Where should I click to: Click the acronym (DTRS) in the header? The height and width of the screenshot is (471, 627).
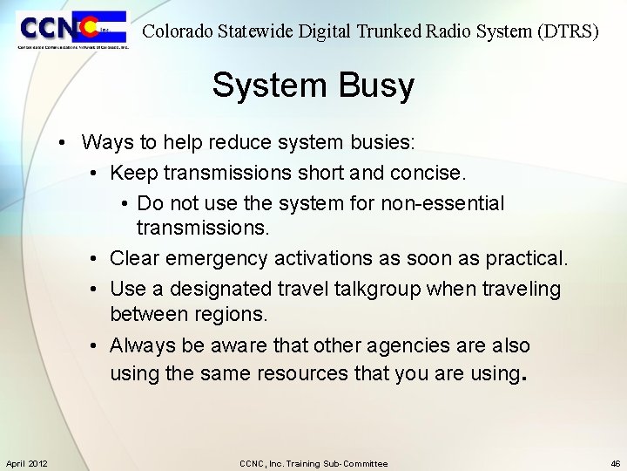click(567, 32)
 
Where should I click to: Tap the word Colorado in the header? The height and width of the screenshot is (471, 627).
click(174, 32)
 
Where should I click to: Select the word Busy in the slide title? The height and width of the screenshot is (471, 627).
click(377, 85)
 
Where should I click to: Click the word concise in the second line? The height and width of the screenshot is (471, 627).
click(431, 173)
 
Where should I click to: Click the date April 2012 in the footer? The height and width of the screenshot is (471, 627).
click(26, 463)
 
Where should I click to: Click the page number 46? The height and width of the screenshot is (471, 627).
click(616, 463)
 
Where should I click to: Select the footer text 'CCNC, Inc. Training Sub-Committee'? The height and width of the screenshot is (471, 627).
click(313, 463)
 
